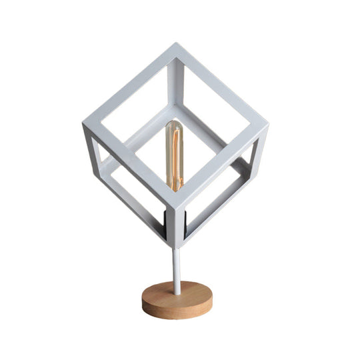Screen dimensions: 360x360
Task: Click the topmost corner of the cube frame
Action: pos(178,47)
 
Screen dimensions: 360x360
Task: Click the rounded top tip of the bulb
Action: pos(175,123)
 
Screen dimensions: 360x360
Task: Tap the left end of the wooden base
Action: pos(143,298)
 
